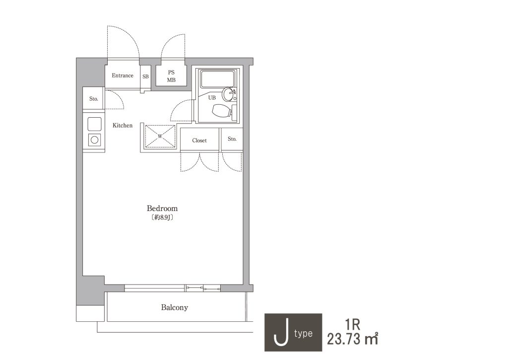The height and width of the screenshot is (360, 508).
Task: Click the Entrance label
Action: pos(123,75)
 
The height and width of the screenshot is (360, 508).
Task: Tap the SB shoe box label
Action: pos(145,76)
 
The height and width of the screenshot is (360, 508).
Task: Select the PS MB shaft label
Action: pos(171,76)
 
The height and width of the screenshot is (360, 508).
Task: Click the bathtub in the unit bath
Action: pos(217,79)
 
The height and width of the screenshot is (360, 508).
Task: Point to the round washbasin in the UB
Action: pos(229,94)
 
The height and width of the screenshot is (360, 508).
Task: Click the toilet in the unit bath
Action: pos(222,111)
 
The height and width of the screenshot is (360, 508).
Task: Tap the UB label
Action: pos(212,98)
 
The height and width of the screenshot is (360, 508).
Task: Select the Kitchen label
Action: pos(123,126)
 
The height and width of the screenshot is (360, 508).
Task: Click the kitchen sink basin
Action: pos(95,124)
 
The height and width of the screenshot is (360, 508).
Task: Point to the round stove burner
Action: pos(95,140)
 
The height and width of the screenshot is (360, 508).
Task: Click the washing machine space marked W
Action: pos(160,136)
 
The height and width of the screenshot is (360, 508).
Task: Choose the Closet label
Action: pos(199,141)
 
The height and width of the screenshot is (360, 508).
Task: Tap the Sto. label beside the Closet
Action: pos(232,139)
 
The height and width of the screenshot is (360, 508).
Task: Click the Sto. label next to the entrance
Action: pos(94,99)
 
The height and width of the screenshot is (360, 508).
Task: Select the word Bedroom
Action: pos(162,208)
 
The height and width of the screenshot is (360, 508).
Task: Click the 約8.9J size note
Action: pos(162,217)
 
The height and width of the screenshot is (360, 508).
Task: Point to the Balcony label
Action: pos(175,307)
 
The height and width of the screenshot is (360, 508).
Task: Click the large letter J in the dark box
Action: pos(281,332)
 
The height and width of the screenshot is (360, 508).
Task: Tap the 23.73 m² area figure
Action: pos(353,339)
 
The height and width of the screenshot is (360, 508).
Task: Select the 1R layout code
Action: pos(353,324)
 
